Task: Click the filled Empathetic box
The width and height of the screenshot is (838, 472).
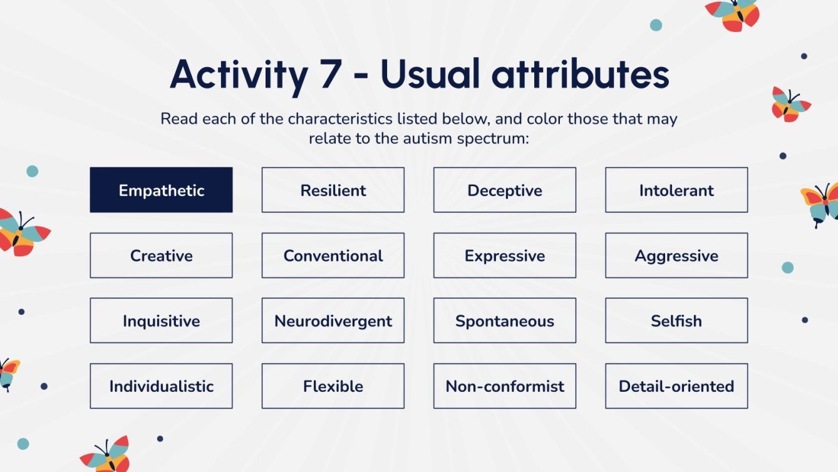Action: tap(161, 190)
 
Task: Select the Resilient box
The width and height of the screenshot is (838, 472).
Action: tap(333, 190)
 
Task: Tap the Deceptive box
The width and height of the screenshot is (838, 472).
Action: tap(505, 190)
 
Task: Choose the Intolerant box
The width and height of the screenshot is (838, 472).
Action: tap(676, 190)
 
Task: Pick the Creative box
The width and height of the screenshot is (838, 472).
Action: tap(161, 255)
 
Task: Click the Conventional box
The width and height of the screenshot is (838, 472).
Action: tap(333, 255)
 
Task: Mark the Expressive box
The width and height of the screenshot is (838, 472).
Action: tap(505, 255)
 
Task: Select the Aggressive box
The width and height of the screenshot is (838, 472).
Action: tap(676, 255)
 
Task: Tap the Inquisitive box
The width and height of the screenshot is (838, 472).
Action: tap(161, 320)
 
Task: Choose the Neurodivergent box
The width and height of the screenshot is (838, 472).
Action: tap(333, 320)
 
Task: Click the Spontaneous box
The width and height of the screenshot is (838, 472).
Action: tap(505, 320)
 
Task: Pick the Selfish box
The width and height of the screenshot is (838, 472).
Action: tap(676, 320)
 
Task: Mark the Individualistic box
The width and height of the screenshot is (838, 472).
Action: tap(161, 386)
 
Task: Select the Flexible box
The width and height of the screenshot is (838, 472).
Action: tap(333, 386)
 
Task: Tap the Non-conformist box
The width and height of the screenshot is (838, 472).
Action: tap(505, 386)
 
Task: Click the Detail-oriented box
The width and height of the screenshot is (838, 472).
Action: tap(676, 386)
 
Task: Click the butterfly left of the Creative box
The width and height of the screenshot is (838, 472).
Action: tap(23, 233)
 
